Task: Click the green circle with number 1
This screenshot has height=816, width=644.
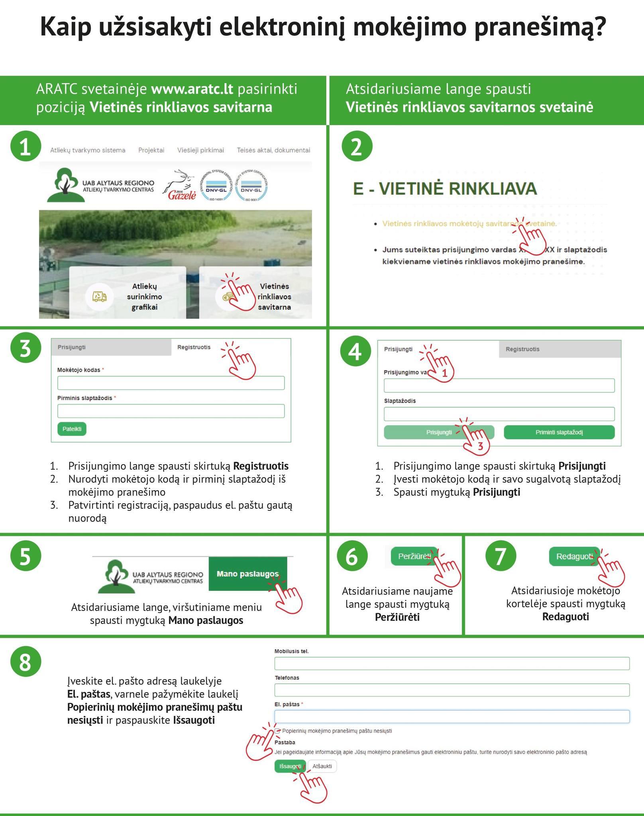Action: tap(26, 147)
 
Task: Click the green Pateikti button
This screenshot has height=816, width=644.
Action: tap(72, 429)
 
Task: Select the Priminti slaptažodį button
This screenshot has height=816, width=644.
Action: tap(559, 432)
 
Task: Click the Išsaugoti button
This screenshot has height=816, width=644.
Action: tap(290, 766)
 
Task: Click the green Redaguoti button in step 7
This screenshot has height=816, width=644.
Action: tap(574, 556)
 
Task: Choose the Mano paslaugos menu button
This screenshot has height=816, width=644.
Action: tap(247, 574)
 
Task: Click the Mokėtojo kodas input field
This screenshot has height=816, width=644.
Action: tap(171, 383)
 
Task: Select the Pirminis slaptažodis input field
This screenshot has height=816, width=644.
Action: tap(171, 411)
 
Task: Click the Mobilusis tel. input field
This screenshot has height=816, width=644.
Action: tap(452, 664)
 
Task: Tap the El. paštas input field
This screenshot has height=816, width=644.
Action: tap(452, 717)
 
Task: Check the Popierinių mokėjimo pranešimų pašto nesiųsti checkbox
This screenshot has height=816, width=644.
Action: tap(278, 731)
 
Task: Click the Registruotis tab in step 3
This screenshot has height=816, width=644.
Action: tap(194, 347)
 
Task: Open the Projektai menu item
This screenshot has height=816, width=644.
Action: tap(151, 150)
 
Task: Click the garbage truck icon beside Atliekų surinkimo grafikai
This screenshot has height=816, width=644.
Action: tap(99, 296)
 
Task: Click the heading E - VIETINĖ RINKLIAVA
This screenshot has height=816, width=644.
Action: tap(445, 188)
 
